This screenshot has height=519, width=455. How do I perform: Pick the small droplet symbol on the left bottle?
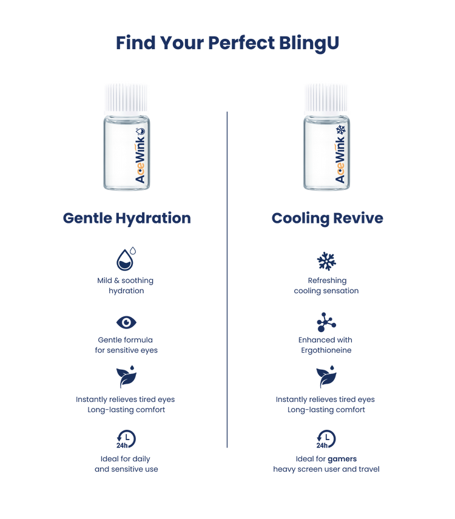coord(141,131)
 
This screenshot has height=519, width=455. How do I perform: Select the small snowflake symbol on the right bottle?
coord(340,131)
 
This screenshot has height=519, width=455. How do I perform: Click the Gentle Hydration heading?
coord(127,219)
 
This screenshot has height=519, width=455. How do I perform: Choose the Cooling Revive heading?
coord(327,219)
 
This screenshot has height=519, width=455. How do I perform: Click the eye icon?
coord(126,321)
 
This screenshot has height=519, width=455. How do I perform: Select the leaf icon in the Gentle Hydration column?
coord(126,378)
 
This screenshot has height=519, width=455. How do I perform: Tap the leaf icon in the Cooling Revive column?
coord(326,378)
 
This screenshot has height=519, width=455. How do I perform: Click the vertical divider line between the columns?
coord(227,279)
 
